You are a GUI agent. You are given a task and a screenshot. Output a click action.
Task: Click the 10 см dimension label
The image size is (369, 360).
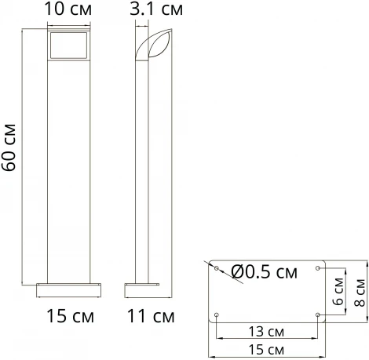(x=68, y=9)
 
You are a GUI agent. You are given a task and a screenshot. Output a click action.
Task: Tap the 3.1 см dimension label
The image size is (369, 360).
(x=156, y=9)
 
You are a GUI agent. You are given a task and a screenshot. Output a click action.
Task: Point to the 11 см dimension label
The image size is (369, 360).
(x=151, y=316)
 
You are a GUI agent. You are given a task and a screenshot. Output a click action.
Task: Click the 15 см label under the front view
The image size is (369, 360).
(x=70, y=316)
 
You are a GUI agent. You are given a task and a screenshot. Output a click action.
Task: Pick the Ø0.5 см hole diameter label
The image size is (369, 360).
(x=265, y=272)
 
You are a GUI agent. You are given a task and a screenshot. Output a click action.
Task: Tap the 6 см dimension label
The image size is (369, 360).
(x=338, y=292)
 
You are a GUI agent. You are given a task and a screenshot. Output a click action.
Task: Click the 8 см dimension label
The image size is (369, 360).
(x=360, y=293)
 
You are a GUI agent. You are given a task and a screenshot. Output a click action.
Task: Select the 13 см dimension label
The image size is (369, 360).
(x=266, y=332)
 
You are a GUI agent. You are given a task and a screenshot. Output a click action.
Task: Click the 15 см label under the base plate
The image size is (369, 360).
(x=266, y=350)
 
